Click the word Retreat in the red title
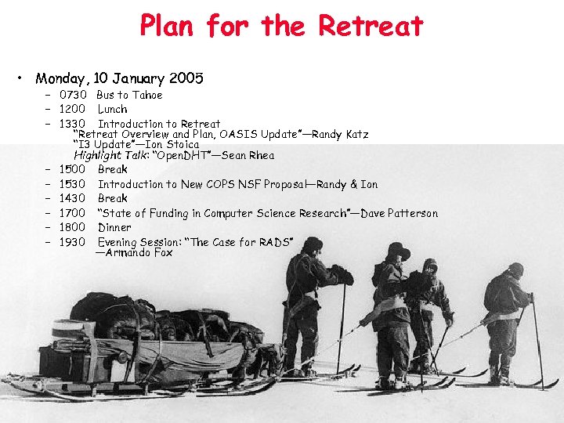[x=371, y=25]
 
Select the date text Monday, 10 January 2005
[x=119, y=78]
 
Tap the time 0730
[x=73, y=95]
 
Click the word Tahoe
[x=147, y=95]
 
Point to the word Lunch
[x=112, y=109]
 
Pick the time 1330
[x=73, y=124]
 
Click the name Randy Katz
[x=342, y=134]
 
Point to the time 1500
[x=73, y=169]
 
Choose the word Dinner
[x=114, y=227]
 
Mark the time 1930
[x=73, y=242]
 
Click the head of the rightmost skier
[x=515, y=270]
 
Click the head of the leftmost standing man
[x=313, y=245]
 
